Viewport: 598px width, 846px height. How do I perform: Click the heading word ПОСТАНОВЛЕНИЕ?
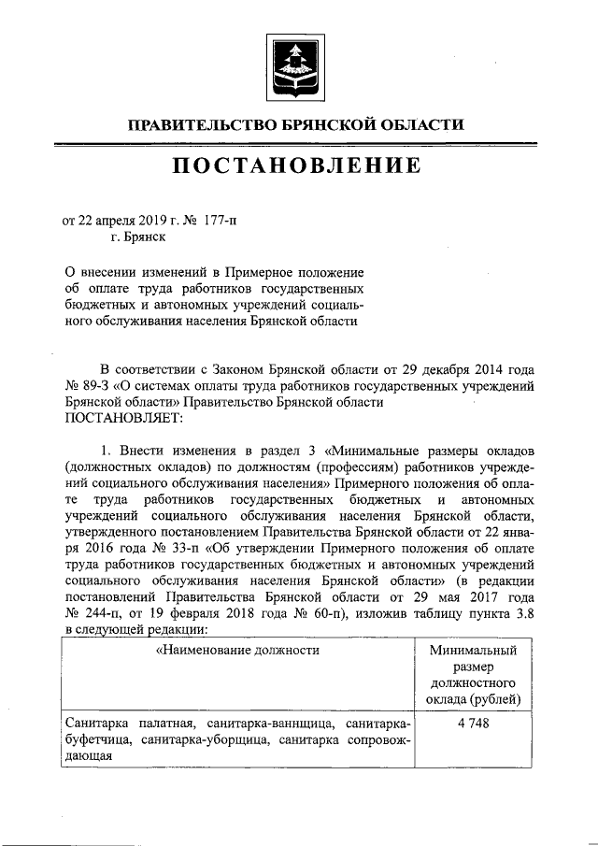click(298, 169)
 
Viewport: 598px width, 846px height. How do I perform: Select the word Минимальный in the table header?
click(473, 650)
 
